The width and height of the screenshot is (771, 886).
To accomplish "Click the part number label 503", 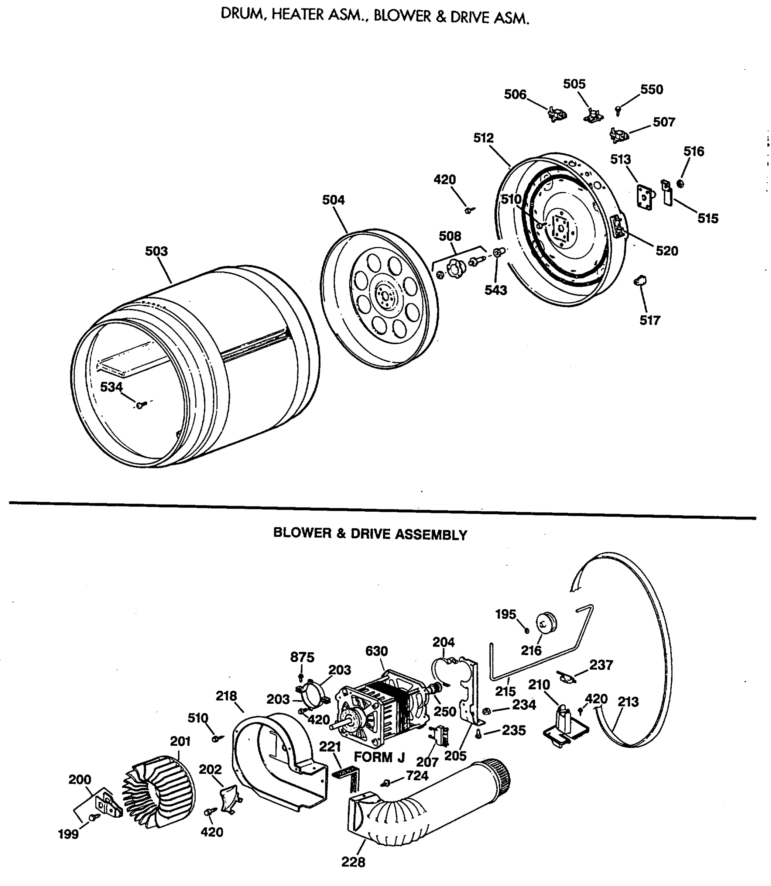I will coord(156,251).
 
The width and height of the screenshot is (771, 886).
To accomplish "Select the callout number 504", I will coord(333,200).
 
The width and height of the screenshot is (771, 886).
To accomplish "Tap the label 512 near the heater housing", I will coord(484,138).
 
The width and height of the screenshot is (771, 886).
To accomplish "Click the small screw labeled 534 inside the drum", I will coord(140,405).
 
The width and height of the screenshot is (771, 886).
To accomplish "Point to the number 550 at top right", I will coord(652,89).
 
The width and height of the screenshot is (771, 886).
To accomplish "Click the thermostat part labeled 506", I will coord(557,114).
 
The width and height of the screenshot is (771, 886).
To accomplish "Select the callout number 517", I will coord(650,320).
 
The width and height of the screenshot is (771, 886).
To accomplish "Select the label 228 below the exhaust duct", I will coord(353,862).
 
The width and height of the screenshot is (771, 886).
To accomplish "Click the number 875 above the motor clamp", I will coord(302,657).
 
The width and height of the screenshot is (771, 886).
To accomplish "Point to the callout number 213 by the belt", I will coord(628,702).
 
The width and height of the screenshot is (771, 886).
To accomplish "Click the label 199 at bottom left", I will coord(68,834).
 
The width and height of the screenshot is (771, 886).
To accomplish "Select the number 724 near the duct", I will coord(417,776).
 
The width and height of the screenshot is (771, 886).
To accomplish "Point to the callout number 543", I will coord(496,290).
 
